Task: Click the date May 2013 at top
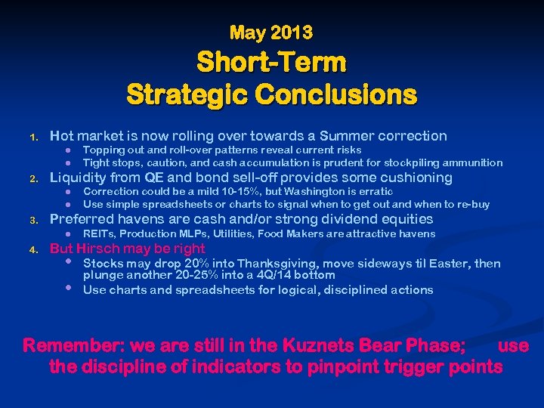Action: click(x=271, y=32)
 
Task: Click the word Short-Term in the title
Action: click(x=271, y=62)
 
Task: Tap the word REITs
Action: click(x=98, y=234)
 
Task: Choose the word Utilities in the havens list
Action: click(x=258, y=234)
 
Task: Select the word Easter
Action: click(x=453, y=263)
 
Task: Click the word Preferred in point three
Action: click(x=78, y=219)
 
